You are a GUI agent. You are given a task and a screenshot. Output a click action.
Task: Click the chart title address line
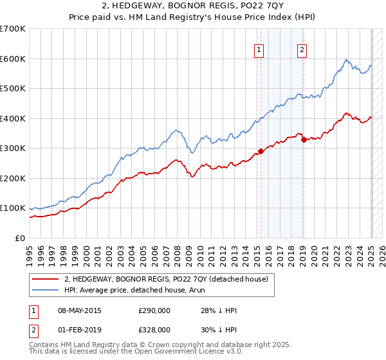(192, 7)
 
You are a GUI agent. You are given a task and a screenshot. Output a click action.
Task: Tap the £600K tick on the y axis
(13, 59)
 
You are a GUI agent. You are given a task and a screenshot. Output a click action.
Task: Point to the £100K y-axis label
(13, 208)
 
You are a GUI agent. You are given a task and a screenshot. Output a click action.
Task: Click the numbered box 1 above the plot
(259, 50)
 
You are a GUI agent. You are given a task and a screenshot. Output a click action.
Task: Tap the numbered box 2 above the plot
(302, 50)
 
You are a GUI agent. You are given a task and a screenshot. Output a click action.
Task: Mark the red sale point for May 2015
(261, 152)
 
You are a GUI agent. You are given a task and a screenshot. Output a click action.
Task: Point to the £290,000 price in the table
(154, 310)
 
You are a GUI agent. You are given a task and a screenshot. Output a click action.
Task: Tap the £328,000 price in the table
(154, 329)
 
